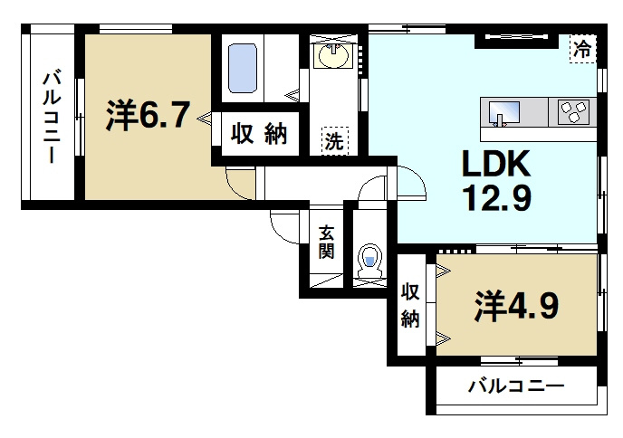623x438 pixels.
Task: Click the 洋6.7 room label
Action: coord(148,115)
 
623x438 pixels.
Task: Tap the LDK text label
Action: coord(495,165)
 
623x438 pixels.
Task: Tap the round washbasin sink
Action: coord(334,57)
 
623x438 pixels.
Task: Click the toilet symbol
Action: coord(369,260)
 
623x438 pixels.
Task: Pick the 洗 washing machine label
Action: coord(334,140)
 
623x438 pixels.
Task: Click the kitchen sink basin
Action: coord(503,113)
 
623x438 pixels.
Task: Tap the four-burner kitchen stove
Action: coord(573,112)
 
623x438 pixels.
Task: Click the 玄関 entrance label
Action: coord(326,243)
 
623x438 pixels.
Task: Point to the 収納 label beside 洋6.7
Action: coord(257,135)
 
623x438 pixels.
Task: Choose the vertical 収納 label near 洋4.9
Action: coord(410,306)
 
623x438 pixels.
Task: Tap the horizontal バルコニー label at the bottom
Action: coord(516,386)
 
